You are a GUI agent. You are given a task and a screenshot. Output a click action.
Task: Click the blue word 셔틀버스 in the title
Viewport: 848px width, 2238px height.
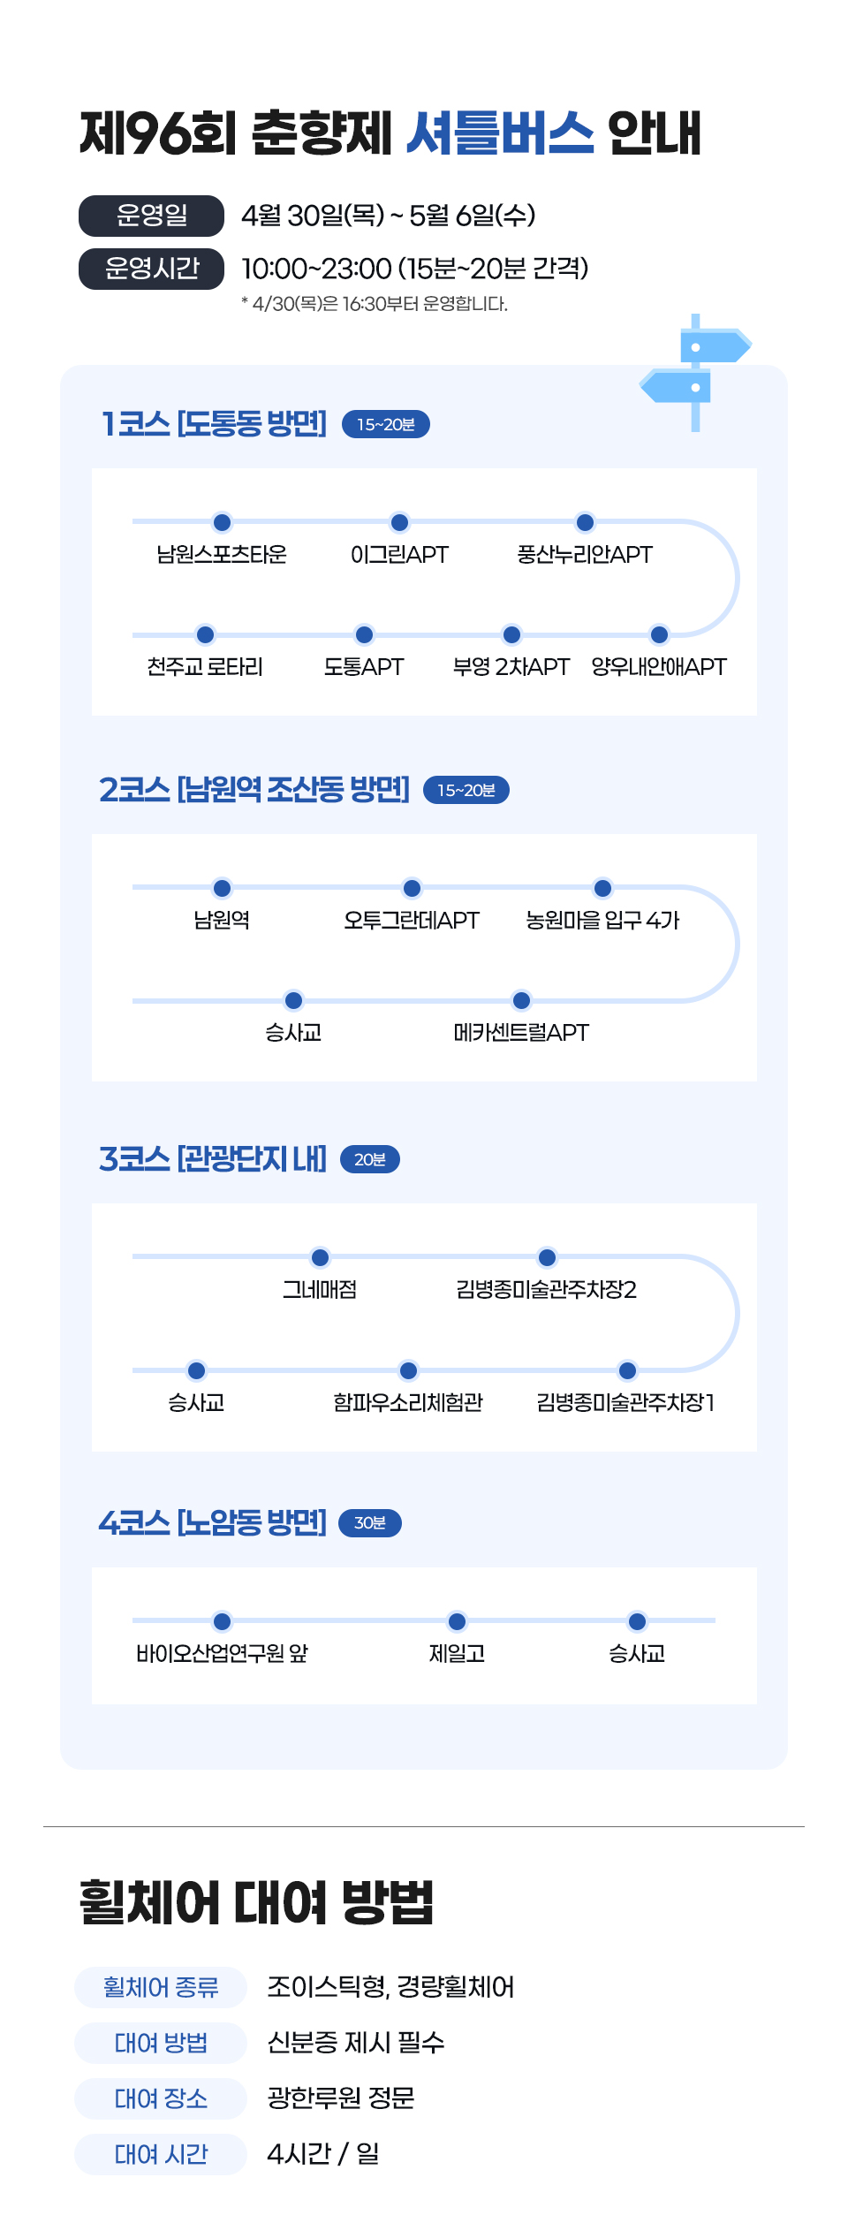tap(500, 134)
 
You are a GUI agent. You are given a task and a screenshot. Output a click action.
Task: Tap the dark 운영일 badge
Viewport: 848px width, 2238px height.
tap(151, 216)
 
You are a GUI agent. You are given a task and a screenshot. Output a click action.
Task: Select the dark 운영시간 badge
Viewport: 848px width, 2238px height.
tap(151, 269)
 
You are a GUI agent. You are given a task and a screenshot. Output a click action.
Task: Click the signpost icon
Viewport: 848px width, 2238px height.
tap(696, 371)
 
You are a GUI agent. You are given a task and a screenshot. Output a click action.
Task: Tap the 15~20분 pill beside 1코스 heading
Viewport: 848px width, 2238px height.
tap(385, 425)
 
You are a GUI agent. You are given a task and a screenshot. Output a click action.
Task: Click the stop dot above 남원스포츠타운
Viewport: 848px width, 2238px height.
tap(223, 522)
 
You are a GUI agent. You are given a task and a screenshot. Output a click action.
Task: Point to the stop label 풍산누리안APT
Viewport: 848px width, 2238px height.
tap(584, 555)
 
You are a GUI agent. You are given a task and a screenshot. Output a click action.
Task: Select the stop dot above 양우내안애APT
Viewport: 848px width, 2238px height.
tap(659, 634)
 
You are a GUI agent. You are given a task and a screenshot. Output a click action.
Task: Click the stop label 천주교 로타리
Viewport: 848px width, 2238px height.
tap(205, 667)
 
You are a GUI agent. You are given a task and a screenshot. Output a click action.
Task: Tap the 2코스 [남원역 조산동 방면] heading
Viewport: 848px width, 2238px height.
tap(254, 789)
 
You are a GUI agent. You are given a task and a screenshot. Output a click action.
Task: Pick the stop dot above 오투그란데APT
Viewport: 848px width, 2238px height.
tap(412, 888)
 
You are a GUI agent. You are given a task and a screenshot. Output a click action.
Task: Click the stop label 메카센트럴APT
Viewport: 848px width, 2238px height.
tap(521, 1033)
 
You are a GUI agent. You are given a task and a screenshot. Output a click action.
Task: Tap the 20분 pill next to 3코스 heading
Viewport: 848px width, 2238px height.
tap(369, 1159)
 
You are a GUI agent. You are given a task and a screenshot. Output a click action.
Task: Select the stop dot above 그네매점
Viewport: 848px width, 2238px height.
tap(321, 1257)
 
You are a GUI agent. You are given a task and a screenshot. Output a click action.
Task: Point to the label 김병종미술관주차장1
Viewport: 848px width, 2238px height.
tap(625, 1403)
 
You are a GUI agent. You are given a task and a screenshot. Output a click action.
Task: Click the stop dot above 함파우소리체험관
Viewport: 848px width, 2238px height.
tap(408, 1370)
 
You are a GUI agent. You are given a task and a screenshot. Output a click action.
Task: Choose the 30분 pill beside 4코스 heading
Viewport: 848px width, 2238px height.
tap(370, 1523)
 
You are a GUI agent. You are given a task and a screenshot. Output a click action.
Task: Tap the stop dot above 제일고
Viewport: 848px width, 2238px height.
tap(457, 1621)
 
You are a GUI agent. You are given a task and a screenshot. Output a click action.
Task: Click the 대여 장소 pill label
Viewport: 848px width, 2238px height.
tap(161, 2098)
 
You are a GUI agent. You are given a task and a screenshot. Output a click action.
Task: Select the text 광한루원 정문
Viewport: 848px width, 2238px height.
tap(341, 2098)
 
